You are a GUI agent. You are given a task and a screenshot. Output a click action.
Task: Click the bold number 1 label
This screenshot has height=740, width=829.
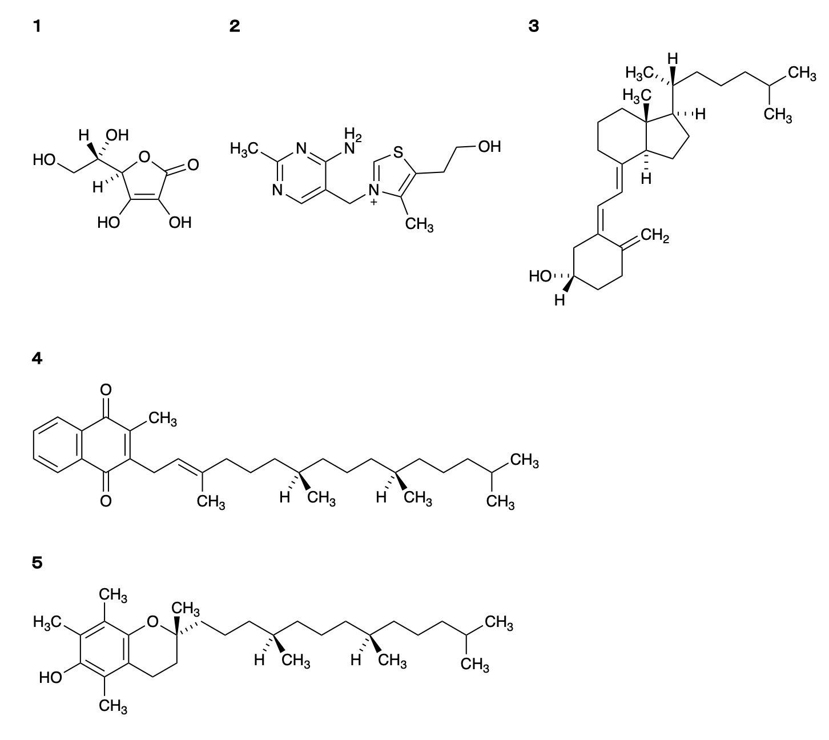click(37, 27)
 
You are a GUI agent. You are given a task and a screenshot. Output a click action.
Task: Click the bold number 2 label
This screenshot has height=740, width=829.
click(235, 27)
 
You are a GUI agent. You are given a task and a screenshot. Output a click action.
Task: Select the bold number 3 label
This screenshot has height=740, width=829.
click(534, 27)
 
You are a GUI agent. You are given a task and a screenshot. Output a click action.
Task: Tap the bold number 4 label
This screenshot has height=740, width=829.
click(37, 359)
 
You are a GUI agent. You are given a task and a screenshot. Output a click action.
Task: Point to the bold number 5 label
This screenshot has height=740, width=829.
click(37, 563)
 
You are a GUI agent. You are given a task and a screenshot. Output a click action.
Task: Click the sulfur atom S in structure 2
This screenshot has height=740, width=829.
click(398, 152)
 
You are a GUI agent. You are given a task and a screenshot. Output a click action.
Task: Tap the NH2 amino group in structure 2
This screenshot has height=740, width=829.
click(352, 141)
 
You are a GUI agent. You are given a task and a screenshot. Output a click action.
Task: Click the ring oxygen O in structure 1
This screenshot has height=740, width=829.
click(144, 156)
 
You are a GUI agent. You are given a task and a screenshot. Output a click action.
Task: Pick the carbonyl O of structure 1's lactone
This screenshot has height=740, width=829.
click(193, 165)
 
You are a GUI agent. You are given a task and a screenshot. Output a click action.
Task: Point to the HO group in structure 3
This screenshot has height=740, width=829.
click(540, 276)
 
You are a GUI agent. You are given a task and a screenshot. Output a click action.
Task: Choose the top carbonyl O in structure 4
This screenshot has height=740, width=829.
click(106, 389)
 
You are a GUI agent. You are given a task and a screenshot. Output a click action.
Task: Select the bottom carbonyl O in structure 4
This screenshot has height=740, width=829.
click(106, 501)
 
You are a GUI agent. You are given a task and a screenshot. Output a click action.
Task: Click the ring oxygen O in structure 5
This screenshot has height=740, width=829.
click(152, 622)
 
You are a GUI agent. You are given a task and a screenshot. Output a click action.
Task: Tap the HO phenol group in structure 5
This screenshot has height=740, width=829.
click(51, 678)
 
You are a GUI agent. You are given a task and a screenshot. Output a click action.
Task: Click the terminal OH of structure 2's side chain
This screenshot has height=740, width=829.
click(489, 147)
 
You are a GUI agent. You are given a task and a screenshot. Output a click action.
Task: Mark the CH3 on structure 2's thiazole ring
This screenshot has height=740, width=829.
click(419, 225)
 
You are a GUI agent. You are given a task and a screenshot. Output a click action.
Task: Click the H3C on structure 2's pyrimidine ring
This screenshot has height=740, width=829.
click(244, 148)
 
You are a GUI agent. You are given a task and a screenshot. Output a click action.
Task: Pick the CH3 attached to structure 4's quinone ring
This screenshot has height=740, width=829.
click(163, 419)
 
